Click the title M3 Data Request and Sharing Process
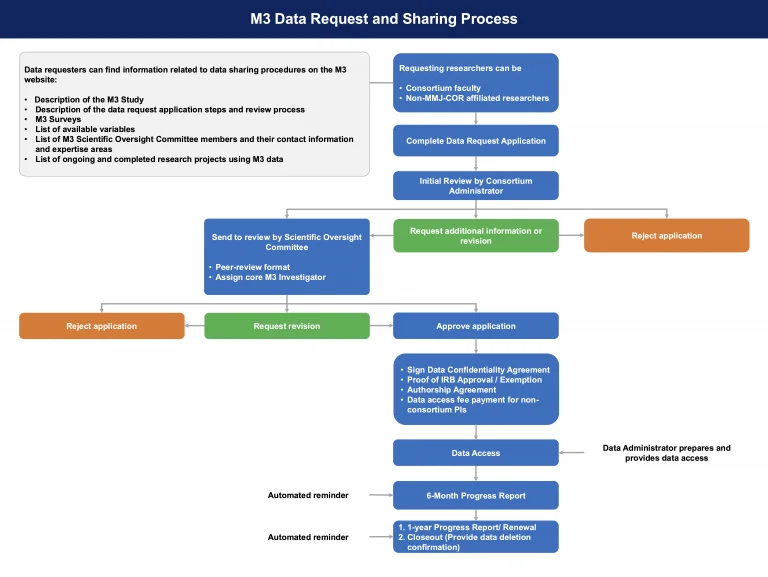(x=384, y=18)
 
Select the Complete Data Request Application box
(x=476, y=141)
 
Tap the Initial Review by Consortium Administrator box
(x=476, y=185)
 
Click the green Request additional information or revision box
(x=476, y=235)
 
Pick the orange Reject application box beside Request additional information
(x=666, y=235)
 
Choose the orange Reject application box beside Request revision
(x=102, y=326)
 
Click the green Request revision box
(x=287, y=326)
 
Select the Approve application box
(x=476, y=326)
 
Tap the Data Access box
(x=476, y=453)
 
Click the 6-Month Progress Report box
(x=476, y=495)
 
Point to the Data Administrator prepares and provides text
(x=666, y=453)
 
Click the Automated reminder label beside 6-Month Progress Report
(x=308, y=495)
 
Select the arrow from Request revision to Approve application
(x=381, y=326)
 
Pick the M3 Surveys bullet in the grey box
(x=58, y=119)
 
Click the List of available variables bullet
(x=84, y=129)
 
